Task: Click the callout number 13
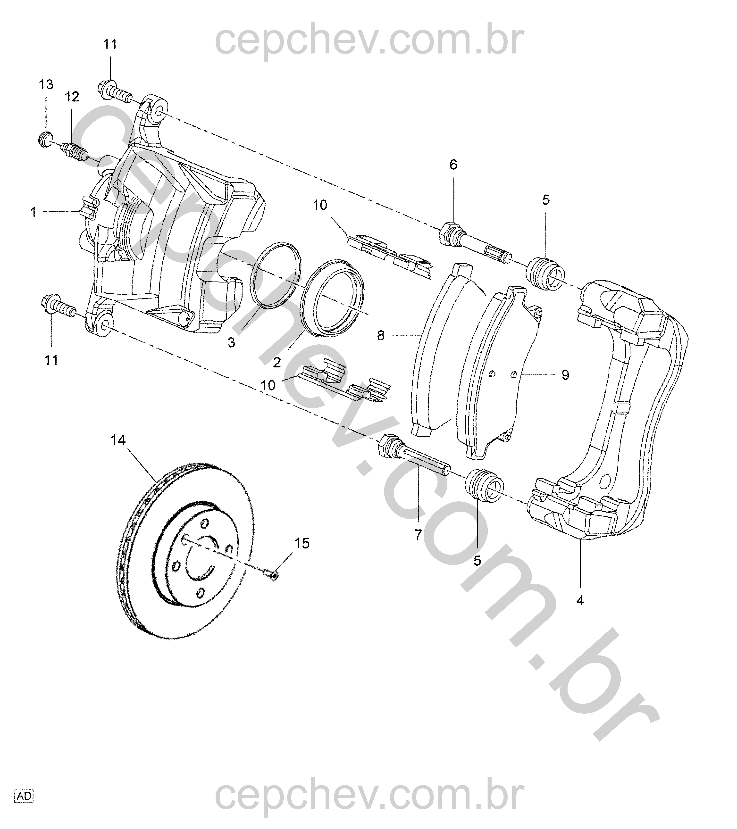[46, 84]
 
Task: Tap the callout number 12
[72, 97]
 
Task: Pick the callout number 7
[418, 535]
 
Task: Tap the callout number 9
[565, 375]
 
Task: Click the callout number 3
[231, 343]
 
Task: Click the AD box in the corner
[24, 796]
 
